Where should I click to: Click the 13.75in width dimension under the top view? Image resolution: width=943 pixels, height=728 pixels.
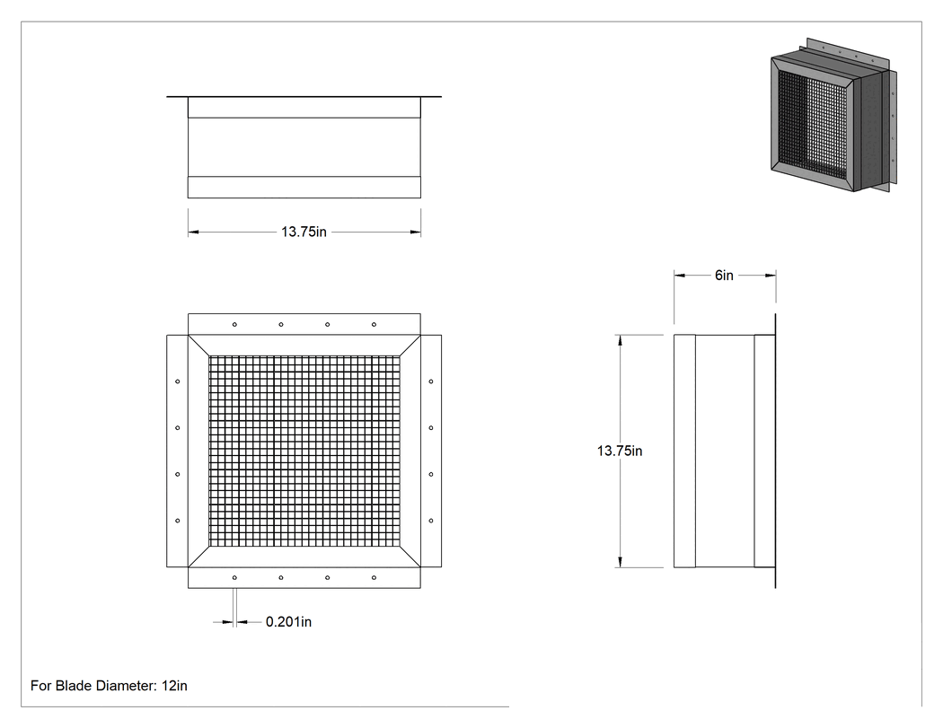(304, 232)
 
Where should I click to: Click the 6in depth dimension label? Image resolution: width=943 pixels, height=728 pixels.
(724, 276)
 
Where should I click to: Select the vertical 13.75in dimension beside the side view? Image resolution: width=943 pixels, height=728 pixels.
(620, 451)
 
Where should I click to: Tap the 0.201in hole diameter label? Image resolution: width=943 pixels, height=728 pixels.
(288, 621)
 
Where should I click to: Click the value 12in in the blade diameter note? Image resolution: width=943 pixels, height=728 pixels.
(174, 686)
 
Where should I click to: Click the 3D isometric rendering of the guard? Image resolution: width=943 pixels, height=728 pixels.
(833, 115)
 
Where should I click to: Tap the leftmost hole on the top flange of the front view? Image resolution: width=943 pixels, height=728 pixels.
(234, 325)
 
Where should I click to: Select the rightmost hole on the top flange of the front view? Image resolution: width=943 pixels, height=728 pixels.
(375, 325)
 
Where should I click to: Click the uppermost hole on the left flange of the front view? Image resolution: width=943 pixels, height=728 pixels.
(178, 382)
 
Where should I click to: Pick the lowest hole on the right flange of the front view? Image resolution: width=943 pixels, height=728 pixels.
(431, 521)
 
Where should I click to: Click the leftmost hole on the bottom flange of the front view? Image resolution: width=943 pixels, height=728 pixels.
(234, 578)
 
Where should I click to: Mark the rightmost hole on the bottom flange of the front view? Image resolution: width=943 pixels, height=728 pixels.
(375, 578)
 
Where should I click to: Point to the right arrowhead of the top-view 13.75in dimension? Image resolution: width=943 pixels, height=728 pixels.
(415, 232)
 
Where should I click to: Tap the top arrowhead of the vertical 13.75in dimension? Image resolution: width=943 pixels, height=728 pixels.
(620, 341)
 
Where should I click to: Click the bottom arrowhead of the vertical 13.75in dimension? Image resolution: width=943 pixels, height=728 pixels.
(620, 561)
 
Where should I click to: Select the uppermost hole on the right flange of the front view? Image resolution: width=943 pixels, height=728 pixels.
(431, 382)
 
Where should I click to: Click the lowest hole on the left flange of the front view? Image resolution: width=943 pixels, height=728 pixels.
(178, 521)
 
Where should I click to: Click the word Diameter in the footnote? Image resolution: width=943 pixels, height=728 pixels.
(125, 686)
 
